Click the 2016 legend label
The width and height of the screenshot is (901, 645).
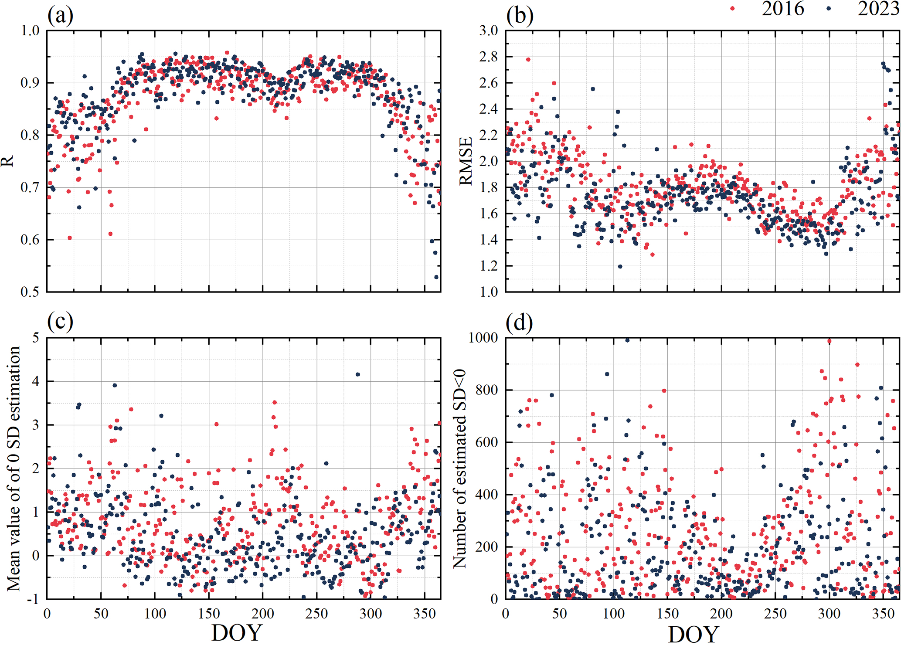[782, 9]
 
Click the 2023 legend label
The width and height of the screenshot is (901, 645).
[878, 9]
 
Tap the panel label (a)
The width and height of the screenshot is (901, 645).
[60, 16]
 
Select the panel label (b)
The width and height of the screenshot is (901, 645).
[520, 16]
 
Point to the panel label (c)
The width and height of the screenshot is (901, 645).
[60, 322]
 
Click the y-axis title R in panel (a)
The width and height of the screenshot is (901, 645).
[7, 162]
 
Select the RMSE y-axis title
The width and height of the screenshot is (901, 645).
[466, 161]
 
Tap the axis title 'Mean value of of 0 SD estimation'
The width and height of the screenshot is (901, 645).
[14, 468]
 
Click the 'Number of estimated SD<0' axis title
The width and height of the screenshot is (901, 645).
[460, 469]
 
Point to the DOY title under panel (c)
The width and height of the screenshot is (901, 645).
[237, 633]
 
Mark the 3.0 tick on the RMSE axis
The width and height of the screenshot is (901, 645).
[488, 31]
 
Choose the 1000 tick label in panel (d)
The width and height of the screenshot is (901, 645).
[483, 338]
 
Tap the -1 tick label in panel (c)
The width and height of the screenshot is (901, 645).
[33, 599]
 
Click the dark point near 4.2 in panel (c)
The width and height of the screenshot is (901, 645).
[358, 374]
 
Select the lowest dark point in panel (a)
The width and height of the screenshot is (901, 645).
[436, 277]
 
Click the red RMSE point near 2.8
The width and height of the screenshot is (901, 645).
[528, 60]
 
